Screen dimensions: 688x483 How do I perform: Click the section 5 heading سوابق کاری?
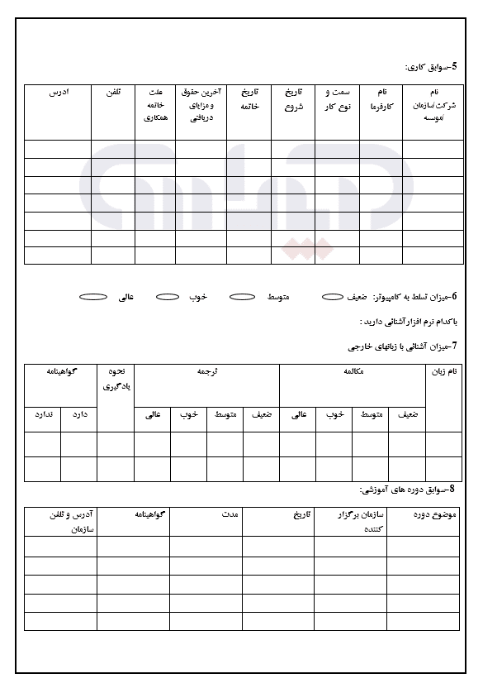(433, 66)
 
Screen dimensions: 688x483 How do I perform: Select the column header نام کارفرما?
(381, 99)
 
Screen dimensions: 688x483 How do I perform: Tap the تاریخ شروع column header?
(293, 99)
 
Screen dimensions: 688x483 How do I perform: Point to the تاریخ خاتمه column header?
(249, 99)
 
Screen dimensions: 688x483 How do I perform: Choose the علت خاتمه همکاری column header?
(155, 105)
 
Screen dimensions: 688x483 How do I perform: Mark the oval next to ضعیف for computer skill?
(332, 296)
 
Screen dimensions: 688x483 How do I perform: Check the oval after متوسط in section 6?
(241, 296)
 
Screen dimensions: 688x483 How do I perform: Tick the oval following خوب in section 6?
(168, 296)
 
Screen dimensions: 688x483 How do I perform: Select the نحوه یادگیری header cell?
(116, 379)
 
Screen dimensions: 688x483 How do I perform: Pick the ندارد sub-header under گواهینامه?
(43, 414)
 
